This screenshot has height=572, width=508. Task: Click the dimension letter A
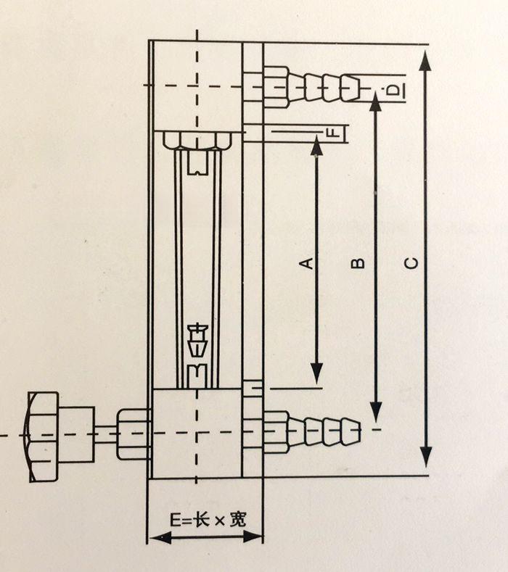click(308, 262)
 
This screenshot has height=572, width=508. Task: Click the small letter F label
click(332, 133)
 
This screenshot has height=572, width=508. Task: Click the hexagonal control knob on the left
click(46, 436)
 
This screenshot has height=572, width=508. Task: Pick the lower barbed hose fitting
click(312, 431)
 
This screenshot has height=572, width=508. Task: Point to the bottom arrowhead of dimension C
click(426, 457)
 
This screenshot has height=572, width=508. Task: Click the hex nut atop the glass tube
click(197, 140)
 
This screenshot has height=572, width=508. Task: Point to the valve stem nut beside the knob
click(133, 434)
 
